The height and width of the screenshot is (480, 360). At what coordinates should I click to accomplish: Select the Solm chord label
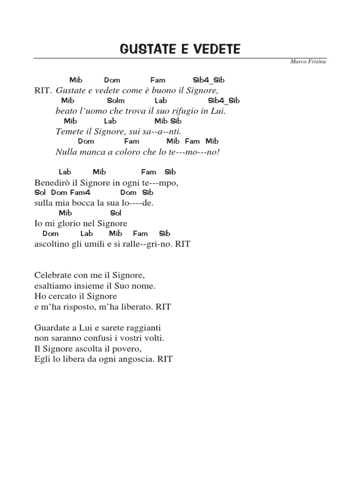tap(116, 100)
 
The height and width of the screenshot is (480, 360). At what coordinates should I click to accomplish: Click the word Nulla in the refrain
tap(65, 152)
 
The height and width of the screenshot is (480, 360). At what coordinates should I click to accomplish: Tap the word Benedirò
tap(52, 183)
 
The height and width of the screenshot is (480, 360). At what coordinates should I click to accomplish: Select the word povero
tap(128, 349)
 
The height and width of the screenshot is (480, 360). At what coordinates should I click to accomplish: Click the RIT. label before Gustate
tap(43, 90)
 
